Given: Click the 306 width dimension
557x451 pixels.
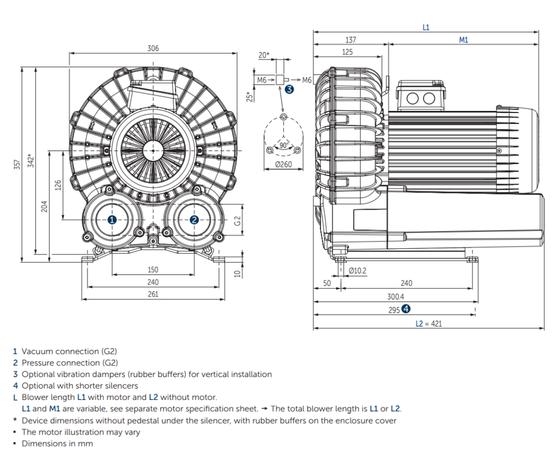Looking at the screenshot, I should (153, 48).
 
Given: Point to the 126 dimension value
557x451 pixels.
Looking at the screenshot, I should (58, 185).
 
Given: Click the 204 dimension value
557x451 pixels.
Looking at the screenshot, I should (45, 206).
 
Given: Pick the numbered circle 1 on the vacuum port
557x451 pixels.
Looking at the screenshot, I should (112, 220).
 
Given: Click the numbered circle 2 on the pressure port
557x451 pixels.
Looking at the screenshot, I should (194, 220).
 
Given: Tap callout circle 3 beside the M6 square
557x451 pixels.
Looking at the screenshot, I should (289, 89).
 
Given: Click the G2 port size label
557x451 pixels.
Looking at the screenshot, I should (237, 221).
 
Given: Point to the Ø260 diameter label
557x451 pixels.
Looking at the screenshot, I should (283, 165).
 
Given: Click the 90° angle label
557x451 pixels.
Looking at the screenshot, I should (283, 145).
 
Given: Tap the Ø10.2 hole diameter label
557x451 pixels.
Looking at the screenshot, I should (357, 270).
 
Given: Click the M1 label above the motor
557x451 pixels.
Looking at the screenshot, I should (463, 40).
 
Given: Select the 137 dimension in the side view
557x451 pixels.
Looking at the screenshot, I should (351, 40).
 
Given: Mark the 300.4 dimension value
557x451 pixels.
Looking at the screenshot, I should (395, 297).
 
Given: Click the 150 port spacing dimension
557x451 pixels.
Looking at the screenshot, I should (153, 270).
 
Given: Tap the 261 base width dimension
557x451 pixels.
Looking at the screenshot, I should (153, 294).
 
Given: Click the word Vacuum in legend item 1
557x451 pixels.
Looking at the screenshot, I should (38, 352).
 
